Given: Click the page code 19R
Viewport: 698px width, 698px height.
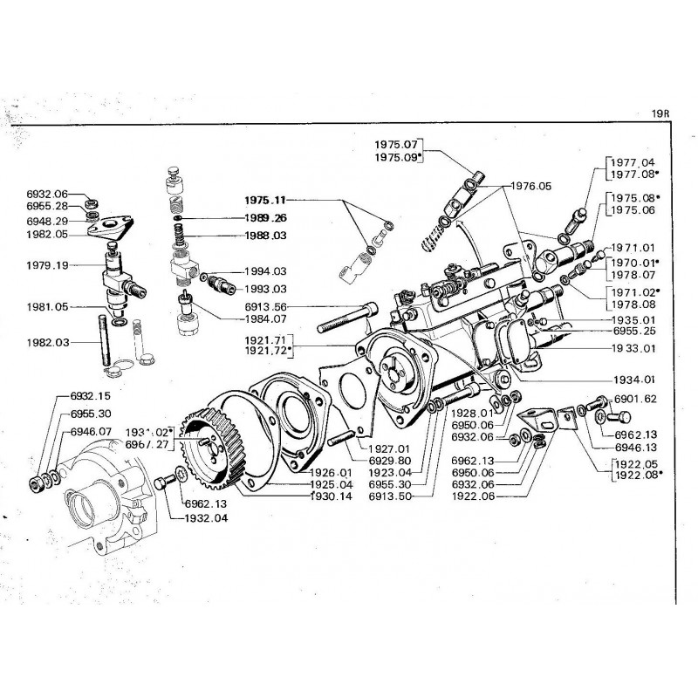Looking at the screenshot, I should click(x=661, y=113).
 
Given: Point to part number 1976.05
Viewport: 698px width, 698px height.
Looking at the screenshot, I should click(x=533, y=186).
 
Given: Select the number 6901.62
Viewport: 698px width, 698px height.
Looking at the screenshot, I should click(x=635, y=399).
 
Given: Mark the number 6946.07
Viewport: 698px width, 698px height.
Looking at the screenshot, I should click(x=90, y=431).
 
